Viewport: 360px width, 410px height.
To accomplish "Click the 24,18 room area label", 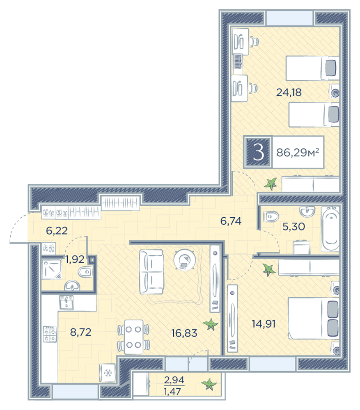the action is [289, 92].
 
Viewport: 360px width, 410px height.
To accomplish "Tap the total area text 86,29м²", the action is [298, 152].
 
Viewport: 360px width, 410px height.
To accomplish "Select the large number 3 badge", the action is [258, 152].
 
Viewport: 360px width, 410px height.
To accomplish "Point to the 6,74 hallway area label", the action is [231, 221].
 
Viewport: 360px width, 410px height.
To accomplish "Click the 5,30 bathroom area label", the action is [294, 226].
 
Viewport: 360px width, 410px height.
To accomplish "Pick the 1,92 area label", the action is [75, 259].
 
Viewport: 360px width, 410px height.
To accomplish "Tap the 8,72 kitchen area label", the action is [80, 332].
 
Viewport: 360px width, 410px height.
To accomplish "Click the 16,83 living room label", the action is [184, 333].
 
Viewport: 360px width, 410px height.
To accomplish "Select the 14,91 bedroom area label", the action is [264, 324].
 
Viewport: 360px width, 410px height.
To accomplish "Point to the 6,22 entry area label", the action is [57, 230].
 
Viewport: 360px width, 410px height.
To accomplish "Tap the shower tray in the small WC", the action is [52, 269].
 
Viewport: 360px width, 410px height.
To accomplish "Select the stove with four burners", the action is [50, 334].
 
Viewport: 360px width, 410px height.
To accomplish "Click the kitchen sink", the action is [66, 303].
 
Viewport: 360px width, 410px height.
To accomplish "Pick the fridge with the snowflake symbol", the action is [107, 373].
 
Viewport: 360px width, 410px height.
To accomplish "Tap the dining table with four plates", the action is [133, 337].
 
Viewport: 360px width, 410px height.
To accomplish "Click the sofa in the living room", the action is [151, 272].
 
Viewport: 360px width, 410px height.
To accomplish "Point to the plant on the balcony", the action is [209, 385].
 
